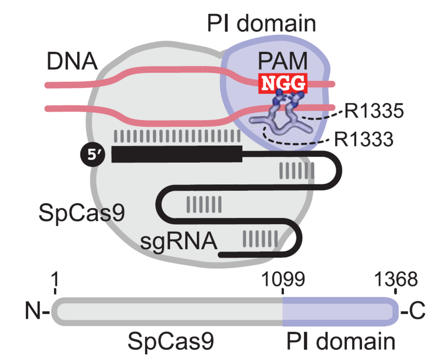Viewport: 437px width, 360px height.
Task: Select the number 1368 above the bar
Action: pos(396,280)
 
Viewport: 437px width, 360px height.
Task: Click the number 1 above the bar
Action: pos(55,280)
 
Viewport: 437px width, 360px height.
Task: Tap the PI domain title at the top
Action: pos(261,24)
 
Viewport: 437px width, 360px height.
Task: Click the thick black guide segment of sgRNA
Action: pos(177,154)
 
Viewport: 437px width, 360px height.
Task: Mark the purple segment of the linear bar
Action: pos(339,312)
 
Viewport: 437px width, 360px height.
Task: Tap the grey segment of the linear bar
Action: pos(168,312)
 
